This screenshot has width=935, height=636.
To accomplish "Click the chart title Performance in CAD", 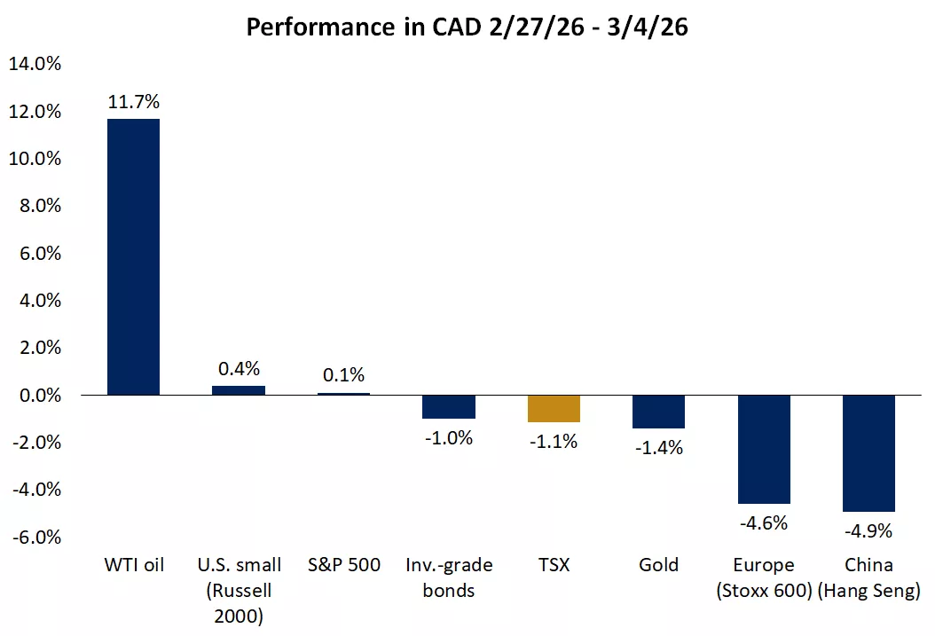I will [467, 27].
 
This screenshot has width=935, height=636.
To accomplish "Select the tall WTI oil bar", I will [133, 257].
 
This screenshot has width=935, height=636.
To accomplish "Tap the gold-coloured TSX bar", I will [554, 408].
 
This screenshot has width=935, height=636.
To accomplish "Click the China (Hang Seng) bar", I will [868, 453].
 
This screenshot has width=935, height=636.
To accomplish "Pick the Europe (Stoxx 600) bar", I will [764, 449].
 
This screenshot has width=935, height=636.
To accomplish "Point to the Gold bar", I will [658, 412].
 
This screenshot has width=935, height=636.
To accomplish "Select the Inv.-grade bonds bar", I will [448, 406].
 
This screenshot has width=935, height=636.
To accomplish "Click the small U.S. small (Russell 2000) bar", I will [239, 390].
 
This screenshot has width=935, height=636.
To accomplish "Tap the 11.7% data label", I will [133, 102].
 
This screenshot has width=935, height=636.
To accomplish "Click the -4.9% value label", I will [868, 531].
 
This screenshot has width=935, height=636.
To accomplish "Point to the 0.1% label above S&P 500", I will [343, 375].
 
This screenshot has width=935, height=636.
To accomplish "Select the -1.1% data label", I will [554, 441].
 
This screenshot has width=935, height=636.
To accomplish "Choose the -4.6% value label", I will [764, 523].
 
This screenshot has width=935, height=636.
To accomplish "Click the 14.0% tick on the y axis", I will [35, 64].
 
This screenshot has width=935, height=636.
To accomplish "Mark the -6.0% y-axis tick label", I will [35, 537].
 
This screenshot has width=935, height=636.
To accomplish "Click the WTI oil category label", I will [133, 565].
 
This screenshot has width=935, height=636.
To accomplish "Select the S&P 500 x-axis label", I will [343, 565].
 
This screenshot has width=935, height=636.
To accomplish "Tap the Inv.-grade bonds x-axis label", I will [448, 577].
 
